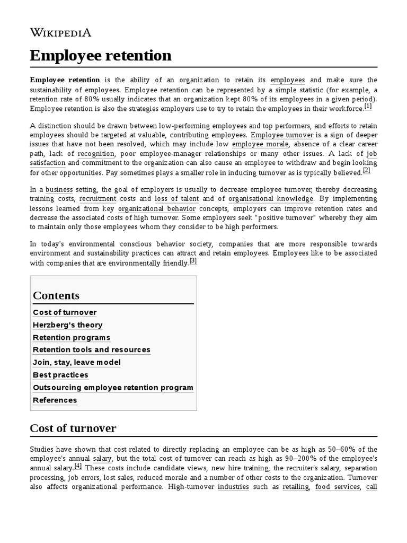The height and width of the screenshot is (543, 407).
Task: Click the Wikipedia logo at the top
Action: (60, 33)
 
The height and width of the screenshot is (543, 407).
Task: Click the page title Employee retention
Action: (101, 55)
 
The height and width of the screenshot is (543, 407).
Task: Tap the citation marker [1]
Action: (368, 107)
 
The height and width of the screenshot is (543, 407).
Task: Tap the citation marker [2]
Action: (367, 171)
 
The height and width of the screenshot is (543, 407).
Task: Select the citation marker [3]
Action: (193, 260)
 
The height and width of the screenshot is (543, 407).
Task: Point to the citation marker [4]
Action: (78, 466)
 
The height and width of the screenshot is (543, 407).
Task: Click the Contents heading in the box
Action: (56, 295)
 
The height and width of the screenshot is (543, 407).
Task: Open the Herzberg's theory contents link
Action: (68, 325)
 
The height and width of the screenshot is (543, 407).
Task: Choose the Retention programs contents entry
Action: (72, 337)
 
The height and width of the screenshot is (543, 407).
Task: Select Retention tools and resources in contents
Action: (92, 349)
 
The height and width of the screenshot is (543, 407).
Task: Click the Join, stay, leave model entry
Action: (77, 362)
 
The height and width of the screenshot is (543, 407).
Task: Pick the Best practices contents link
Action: (60, 375)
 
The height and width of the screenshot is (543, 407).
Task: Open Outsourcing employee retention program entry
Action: (113, 387)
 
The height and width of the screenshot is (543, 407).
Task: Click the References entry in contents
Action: (55, 400)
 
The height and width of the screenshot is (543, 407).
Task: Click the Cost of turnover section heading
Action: (73, 428)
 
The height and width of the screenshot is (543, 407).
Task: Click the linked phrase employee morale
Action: (260, 144)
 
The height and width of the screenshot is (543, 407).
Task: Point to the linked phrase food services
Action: (337, 487)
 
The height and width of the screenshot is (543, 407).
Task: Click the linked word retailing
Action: (296, 487)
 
